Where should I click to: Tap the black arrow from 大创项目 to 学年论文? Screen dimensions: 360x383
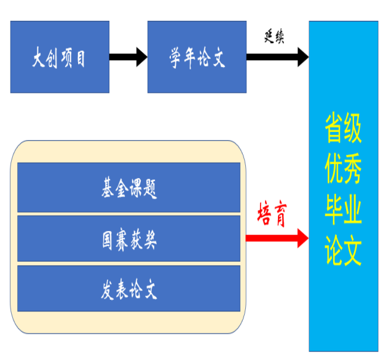(x=128, y=57)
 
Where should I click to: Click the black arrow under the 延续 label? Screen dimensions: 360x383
(x=277, y=57)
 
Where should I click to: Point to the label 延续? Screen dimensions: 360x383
(x=274, y=37)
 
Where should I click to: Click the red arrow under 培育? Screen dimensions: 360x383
(x=277, y=237)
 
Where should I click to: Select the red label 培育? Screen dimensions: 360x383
(x=272, y=215)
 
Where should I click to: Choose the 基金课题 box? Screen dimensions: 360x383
(x=128, y=188)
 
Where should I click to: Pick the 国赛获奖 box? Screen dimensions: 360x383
(x=128, y=239)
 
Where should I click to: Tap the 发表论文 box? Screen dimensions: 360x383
(x=128, y=289)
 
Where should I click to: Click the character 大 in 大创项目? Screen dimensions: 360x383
(x=39, y=58)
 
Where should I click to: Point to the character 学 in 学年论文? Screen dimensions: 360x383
(x=176, y=58)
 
